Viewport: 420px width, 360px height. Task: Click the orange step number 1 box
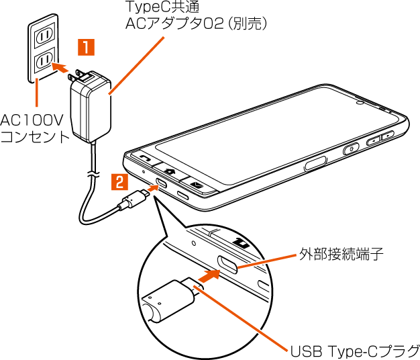87,48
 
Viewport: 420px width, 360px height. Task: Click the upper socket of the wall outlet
44,36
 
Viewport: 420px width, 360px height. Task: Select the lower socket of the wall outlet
43,62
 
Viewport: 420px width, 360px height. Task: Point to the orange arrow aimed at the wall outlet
61,67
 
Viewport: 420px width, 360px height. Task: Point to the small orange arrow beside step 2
152,188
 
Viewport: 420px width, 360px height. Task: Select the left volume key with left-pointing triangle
372,141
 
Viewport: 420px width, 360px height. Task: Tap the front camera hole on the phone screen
360,103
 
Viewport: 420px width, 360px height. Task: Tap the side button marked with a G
350,149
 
